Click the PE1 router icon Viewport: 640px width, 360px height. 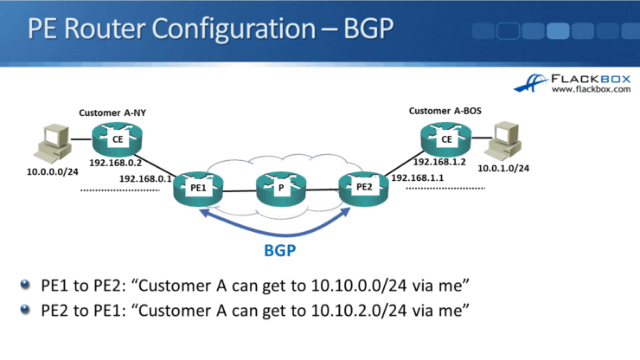198,187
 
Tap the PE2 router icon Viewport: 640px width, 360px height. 362,187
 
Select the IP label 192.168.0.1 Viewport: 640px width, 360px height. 145,179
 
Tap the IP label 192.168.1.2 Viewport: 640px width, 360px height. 440,162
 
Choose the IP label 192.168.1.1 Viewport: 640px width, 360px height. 418,178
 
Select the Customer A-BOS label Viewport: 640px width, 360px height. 444,111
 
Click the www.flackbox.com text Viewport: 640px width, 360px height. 587,89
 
